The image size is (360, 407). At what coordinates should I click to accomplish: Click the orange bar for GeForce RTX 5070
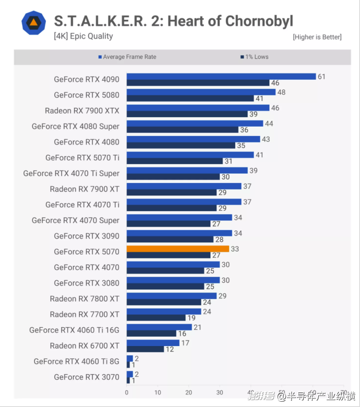(x=178, y=249)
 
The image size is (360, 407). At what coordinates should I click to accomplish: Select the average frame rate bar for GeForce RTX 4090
(x=221, y=76)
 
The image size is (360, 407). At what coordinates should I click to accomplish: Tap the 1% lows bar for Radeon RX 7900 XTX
(x=187, y=114)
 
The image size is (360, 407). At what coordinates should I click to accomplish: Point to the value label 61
(x=321, y=77)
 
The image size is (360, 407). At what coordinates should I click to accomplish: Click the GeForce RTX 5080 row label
(x=87, y=95)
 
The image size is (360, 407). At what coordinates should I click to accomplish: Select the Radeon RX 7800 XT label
(x=85, y=299)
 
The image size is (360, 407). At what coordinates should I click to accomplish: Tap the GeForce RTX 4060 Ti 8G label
(x=77, y=361)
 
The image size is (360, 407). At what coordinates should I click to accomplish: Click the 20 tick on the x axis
(x=188, y=393)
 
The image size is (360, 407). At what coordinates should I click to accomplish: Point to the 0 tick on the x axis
(x=127, y=393)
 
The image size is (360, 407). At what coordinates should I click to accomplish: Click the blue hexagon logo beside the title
(x=33, y=22)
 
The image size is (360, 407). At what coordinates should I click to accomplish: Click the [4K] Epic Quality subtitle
(x=83, y=36)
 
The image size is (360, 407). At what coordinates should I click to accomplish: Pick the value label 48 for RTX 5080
(x=281, y=92)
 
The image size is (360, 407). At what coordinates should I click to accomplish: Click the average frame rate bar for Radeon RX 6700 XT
(x=153, y=343)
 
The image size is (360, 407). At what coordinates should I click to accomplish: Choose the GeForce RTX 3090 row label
(x=87, y=236)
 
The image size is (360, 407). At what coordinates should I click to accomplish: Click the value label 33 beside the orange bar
(x=235, y=249)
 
